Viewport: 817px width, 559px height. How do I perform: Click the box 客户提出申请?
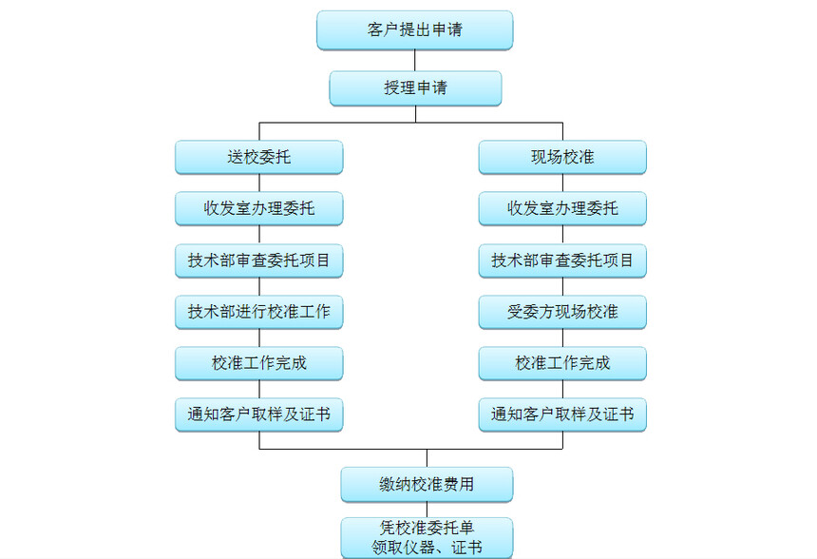click(x=414, y=30)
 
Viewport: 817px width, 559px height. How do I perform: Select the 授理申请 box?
click(x=414, y=88)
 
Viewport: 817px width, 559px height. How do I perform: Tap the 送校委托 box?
click(x=258, y=157)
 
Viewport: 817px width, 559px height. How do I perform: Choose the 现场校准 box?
click(x=562, y=157)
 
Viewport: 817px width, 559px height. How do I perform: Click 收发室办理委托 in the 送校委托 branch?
click(x=258, y=208)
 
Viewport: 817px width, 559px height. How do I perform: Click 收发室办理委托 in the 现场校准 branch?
click(x=562, y=208)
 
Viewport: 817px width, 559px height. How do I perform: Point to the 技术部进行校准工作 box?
click(x=258, y=312)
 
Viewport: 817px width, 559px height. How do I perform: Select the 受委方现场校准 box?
click(x=562, y=312)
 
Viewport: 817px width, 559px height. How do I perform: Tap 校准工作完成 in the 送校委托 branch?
click(x=258, y=363)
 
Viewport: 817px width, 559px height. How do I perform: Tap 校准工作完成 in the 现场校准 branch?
click(x=562, y=363)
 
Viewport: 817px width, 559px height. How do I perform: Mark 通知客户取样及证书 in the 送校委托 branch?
click(x=258, y=414)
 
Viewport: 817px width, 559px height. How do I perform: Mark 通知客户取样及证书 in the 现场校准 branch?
click(x=562, y=414)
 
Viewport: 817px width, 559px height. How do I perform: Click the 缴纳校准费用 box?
click(x=427, y=484)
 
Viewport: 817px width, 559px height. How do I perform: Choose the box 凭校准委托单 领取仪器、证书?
click(x=427, y=537)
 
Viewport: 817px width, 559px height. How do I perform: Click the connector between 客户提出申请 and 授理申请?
click(x=414, y=61)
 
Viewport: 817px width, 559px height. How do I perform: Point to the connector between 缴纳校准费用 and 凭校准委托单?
click(x=427, y=510)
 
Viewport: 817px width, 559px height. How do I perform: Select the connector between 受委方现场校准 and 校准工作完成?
click(x=562, y=337)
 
